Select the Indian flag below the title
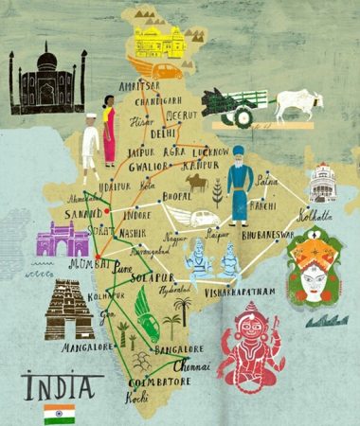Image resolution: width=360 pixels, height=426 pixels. (x=59, y=413)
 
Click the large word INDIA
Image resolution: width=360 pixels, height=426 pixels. (x=59, y=386)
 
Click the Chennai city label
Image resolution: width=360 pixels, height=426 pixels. (x=193, y=364)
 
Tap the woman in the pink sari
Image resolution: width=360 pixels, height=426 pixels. (x=109, y=135)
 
